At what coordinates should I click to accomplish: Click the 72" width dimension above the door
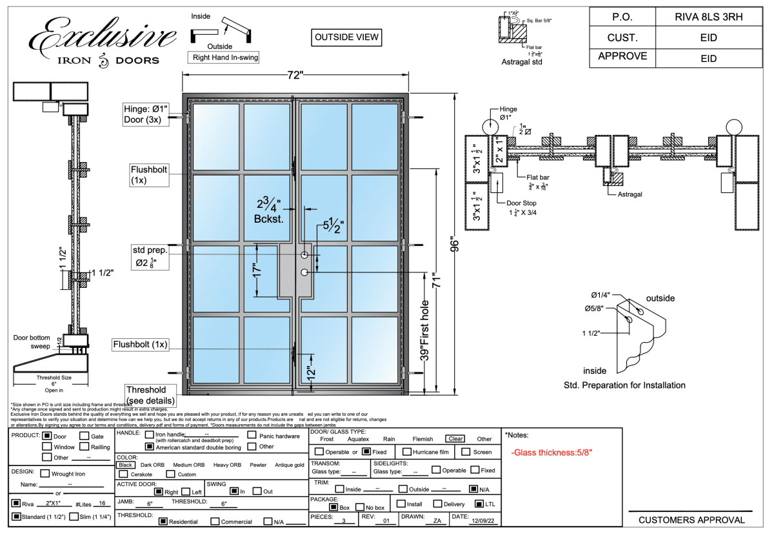coord(295,75)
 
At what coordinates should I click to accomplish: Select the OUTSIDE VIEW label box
coord(346,37)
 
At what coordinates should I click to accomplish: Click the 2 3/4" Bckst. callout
coord(269,211)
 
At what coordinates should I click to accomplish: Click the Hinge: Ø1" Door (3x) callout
coord(146,114)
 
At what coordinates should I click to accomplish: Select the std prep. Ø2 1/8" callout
coord(148,256)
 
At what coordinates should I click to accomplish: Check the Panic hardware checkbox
coord(252,436)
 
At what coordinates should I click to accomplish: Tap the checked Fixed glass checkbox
coord(366,452)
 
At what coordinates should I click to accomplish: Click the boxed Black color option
coord(126,465)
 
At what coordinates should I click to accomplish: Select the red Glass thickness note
coord(551,453)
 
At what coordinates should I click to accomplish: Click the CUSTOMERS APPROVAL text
coord(691,520)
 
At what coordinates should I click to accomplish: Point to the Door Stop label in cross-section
coord(521,203)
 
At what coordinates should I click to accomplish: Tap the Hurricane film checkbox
coord(408,452)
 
